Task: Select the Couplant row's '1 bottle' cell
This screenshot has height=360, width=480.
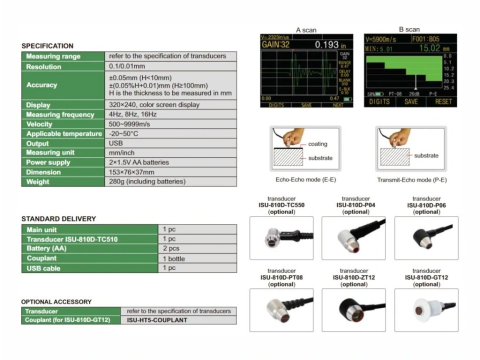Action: (x=179, y=258)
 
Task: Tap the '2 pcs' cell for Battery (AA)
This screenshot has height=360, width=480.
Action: (x=174, y=249)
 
